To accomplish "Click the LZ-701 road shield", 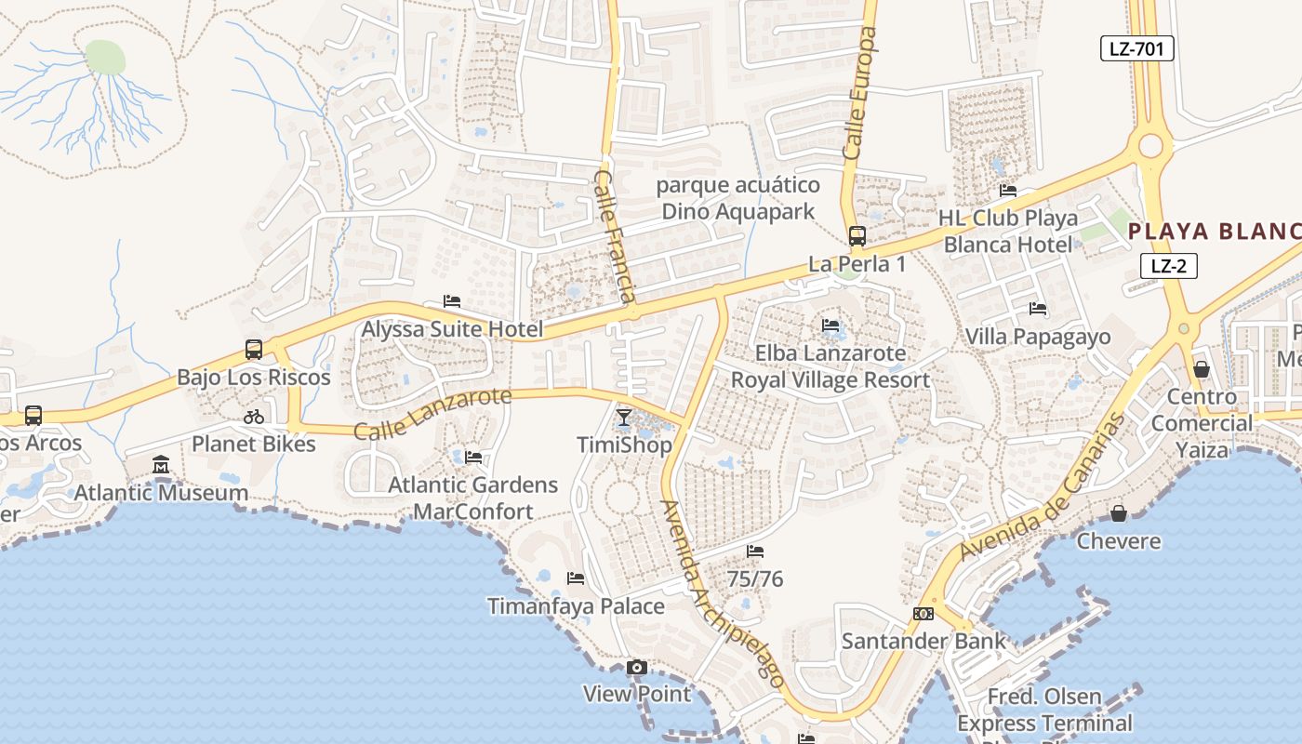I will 1136,48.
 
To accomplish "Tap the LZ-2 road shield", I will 1168,266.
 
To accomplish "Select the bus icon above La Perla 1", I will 857,236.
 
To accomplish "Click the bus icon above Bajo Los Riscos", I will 253,350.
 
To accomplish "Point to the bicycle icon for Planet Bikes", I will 253,417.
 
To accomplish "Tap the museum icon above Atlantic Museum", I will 161,464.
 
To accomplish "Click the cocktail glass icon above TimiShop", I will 624,418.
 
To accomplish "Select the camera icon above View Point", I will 636,667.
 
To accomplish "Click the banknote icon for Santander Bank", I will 923,614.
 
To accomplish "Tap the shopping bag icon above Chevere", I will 1118,513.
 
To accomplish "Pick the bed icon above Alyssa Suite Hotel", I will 452,301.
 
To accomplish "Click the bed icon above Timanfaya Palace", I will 576,578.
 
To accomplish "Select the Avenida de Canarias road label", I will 1042,485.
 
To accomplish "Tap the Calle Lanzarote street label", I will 432,413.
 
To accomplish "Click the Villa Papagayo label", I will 1038,337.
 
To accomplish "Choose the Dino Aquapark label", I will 737,211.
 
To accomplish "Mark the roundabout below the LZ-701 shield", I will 1151,145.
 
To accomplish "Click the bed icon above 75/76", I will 755,551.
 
